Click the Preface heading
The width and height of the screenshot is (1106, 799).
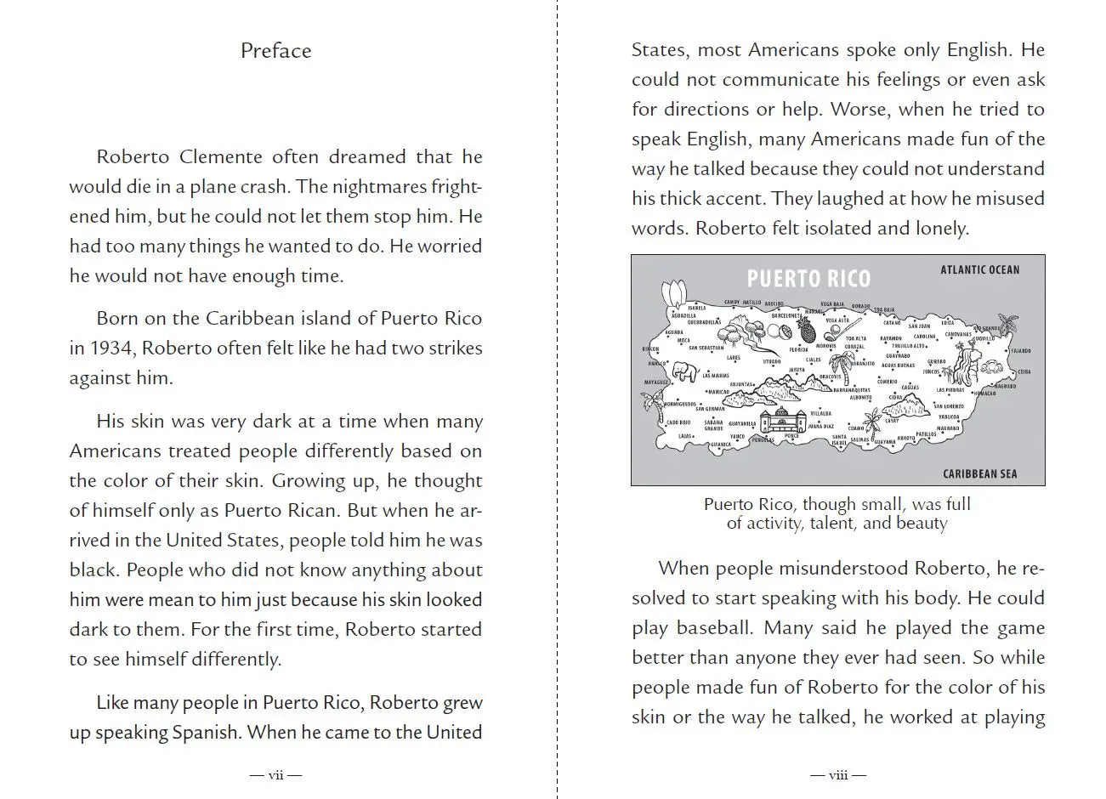(x=275, y=51)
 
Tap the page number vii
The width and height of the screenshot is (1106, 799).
(x=275, y=774)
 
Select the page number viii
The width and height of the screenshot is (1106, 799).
(x=837, y=774)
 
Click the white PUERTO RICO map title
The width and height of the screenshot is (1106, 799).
(x=808, y=279)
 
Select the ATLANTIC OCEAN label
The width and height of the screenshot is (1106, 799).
(x=979, y=270)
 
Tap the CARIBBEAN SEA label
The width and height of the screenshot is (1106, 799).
(x=979, y=474)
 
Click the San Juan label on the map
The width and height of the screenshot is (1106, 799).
(x=920, y=326)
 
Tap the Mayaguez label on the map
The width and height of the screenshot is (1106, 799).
(x=656, y=382)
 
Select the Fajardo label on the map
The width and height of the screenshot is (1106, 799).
(x=1020, y=351)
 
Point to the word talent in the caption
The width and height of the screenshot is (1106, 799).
(x=831, y=524)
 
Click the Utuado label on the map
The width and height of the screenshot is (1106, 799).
(x=771, y=361)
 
